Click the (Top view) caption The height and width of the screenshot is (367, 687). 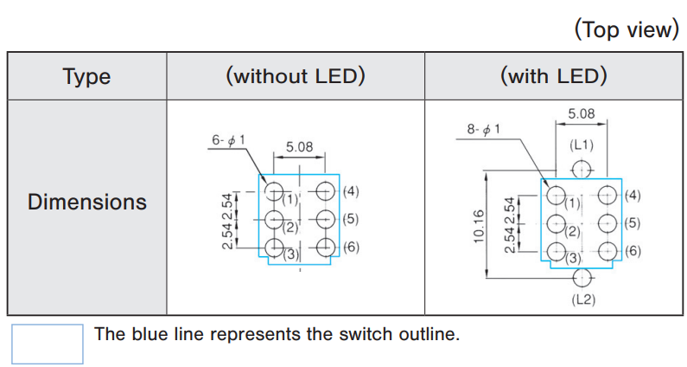[627, 29]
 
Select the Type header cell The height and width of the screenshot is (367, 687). [86, 76]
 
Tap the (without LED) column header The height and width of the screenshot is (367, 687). [295, 76]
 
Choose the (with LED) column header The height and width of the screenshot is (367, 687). [553, 76]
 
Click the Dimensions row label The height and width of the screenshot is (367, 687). [86, 203]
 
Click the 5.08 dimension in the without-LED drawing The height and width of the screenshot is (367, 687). [299, 146]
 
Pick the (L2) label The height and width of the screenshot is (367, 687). [582, 299]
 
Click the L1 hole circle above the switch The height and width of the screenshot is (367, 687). [582, 167]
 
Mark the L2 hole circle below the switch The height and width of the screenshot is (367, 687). [582, 277]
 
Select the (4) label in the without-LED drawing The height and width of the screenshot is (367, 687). [350, 191]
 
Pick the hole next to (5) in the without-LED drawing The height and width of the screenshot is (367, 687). [325, 219]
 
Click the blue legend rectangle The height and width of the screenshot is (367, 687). [48, 344]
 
